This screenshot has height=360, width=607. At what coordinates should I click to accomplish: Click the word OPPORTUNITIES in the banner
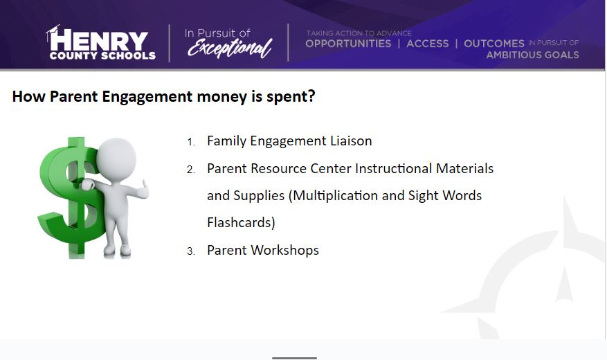tap(348, 44)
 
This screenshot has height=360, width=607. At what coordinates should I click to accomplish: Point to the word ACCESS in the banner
tap(427, 44)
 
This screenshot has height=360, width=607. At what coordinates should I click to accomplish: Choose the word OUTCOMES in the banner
tap(494, 44)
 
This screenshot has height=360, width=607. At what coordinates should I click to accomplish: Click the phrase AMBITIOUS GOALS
tap(533, 55)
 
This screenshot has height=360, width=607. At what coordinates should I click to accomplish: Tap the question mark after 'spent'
tap(311, 96)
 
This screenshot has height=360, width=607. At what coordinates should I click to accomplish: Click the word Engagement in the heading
tap(147, 97)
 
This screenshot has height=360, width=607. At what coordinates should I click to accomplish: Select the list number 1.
tap(191, 142)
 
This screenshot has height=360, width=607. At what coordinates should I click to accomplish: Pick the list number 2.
tap(191, 170)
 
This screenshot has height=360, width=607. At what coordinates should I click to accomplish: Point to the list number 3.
tap(191, 251)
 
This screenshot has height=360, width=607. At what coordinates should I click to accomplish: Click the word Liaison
tap(351, 141)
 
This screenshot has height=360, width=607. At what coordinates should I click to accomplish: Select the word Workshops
tap(285, 251)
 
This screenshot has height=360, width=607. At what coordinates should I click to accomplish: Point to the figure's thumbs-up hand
tap(143, 190)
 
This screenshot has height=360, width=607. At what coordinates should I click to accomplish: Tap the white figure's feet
tap(117, 251)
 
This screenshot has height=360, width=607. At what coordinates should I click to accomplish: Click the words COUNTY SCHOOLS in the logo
tap(102, 56)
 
